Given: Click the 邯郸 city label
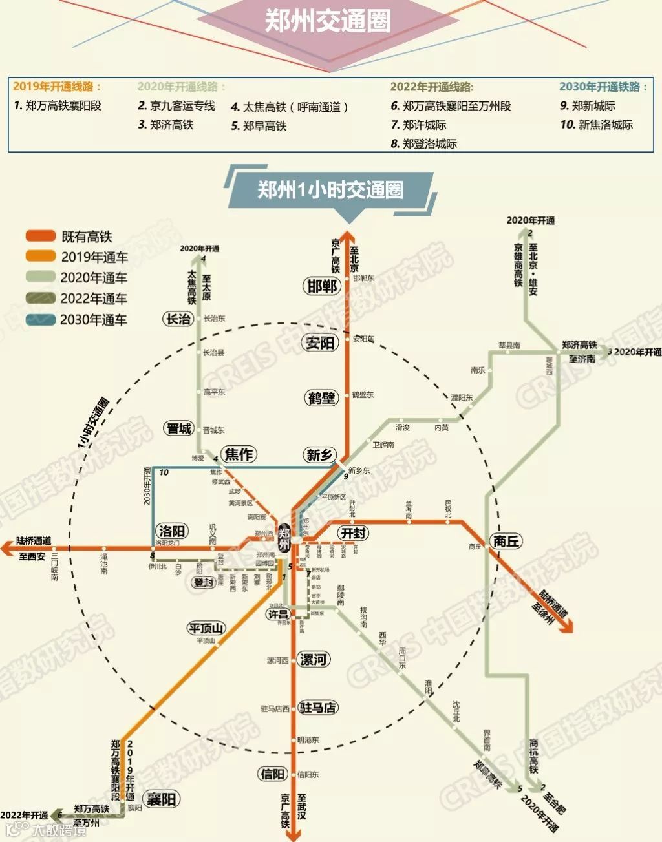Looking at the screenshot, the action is pos(322,286).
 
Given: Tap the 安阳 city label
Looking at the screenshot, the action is pos(321,342).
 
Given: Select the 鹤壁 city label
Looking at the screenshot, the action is pos(322,398).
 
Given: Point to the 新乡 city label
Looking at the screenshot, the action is pos(319,455).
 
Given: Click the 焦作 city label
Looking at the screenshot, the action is pos(239,454).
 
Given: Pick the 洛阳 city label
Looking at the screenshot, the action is pos(172,531).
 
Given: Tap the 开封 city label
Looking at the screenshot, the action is pos(354,533).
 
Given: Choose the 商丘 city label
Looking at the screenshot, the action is pos(506,542).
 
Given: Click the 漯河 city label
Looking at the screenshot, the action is pos(313,660).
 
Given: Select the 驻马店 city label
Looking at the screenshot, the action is pos(318,708).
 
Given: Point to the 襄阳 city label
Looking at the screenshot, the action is pos(161,799).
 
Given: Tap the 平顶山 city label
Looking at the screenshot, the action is pos(206,628).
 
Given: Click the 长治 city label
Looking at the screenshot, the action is pos(179,319).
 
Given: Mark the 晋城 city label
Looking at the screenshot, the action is pos(179,428).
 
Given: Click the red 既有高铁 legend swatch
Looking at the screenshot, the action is pos(40,237).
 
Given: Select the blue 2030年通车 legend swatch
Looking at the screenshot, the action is pos(40,319).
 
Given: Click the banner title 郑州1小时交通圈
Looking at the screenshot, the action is pos(330,190).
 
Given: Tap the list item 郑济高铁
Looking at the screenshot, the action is pos(171,125).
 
